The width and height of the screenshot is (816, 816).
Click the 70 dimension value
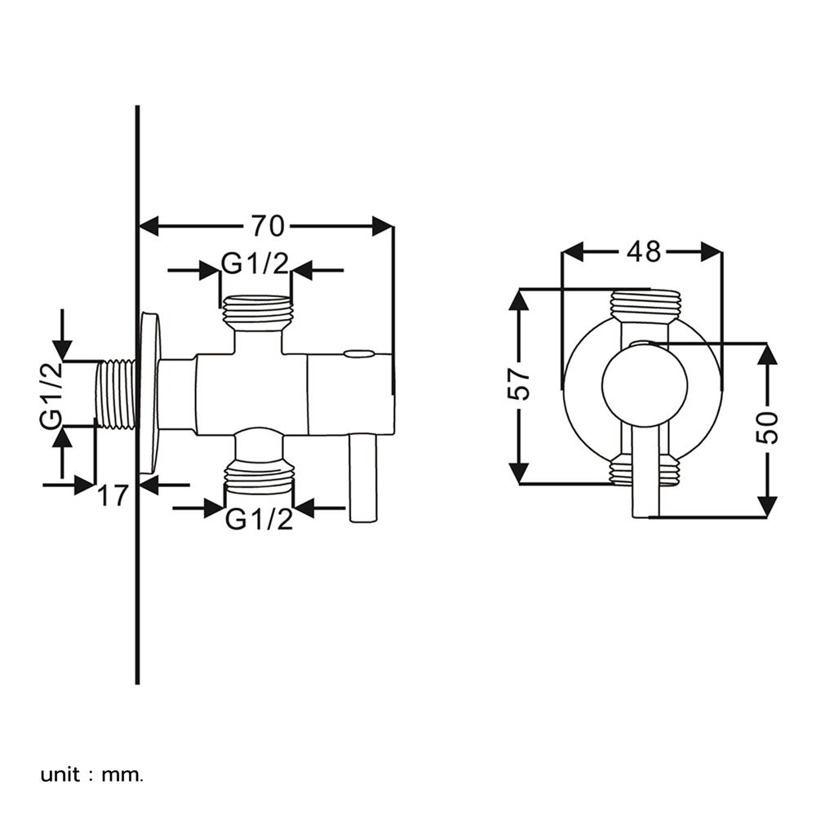[x=268, y=224]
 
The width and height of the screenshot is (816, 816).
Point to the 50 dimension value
[x=767, y=427]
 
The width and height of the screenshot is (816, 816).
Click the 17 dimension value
[x=114, y=494]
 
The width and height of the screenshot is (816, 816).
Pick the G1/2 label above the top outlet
[x=256, y=265]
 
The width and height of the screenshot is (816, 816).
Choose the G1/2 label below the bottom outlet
[x=259, y=519]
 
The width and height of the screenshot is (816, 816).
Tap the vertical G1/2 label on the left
[x=51, y=396]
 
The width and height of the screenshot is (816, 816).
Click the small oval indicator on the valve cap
[x=360, y=354]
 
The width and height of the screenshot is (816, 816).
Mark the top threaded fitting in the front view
[x=644, y=304]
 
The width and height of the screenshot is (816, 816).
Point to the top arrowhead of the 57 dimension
[x=519, y=300]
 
